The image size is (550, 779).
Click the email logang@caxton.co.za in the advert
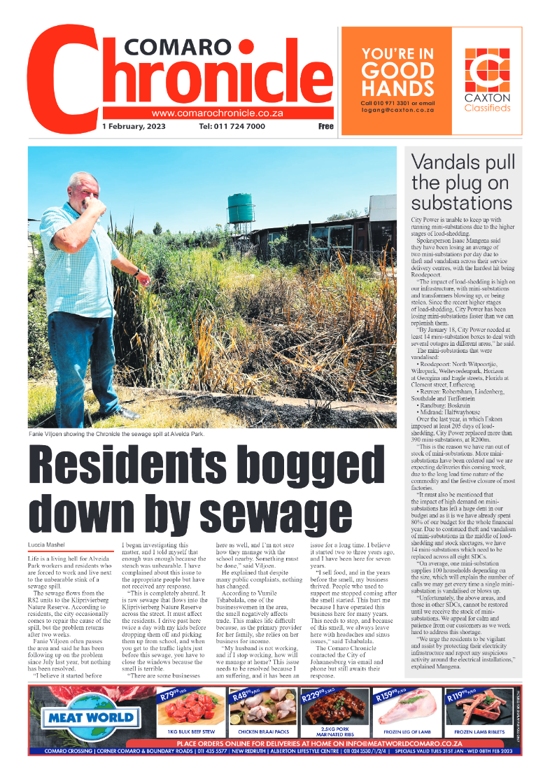click(397, 111)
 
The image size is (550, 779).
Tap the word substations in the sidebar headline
click(461, 203)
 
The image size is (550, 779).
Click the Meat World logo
click(90, 717)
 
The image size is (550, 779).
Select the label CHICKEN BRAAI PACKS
click(262, 731)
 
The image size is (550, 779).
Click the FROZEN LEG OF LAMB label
click(407, 731)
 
